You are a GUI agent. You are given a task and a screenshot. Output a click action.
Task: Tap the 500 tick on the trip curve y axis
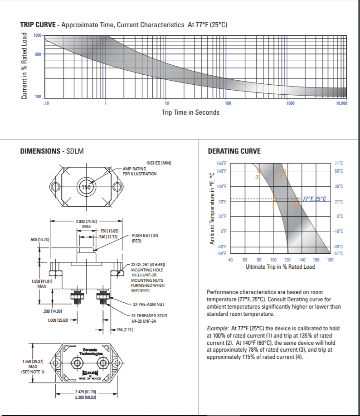[38, 54]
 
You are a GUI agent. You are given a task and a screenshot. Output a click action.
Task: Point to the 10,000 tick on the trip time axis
[341, 104]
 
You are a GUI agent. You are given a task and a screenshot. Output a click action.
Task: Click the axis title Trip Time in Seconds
[190, 112]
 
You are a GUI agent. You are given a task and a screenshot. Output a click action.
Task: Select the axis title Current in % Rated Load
[25, 66]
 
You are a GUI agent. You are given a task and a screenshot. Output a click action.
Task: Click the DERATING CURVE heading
[234, 151]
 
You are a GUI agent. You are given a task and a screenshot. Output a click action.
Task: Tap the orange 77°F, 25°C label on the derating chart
[314, 198]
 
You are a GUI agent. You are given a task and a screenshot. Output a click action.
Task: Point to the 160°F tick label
[221, 163]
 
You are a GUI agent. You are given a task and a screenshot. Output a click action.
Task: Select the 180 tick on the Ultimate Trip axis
[330, 260]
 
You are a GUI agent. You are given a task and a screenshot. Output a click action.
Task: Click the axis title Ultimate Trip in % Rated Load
[280, 267]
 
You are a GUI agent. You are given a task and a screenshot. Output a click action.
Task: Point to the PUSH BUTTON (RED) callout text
[145, 238]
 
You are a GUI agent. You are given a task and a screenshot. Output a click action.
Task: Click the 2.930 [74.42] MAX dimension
[86, 223]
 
